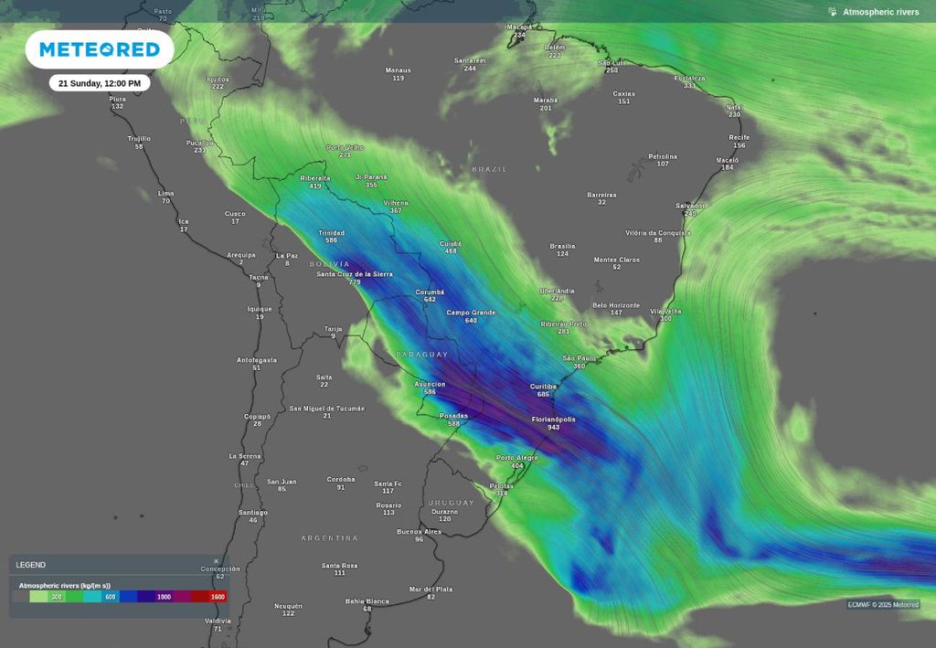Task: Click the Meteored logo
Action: coord(100,49)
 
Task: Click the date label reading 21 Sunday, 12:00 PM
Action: coord(100,83)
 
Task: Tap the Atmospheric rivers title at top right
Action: coord(880,12)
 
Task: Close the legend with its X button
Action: coord(217,561)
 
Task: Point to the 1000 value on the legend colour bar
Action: coord(164,597)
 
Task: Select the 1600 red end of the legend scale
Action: coord(217,597)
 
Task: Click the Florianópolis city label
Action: coord(554,419)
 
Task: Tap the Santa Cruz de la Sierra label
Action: coord(355,273)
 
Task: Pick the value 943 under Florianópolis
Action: coord(554,427)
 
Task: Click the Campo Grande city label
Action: coord(471,313)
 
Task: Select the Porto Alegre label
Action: coord(516,457)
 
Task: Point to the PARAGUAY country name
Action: coord(422,354)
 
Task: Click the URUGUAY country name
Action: coord(452,503)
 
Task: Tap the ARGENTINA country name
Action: coord(330,538)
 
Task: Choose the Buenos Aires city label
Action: coord(419,531)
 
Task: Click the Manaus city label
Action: coord(399,70)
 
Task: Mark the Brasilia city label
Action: coord(562,246)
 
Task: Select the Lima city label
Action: coord(165,193)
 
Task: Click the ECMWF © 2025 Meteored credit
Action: coord(883,604)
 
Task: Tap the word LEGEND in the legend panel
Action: coord(31,565)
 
